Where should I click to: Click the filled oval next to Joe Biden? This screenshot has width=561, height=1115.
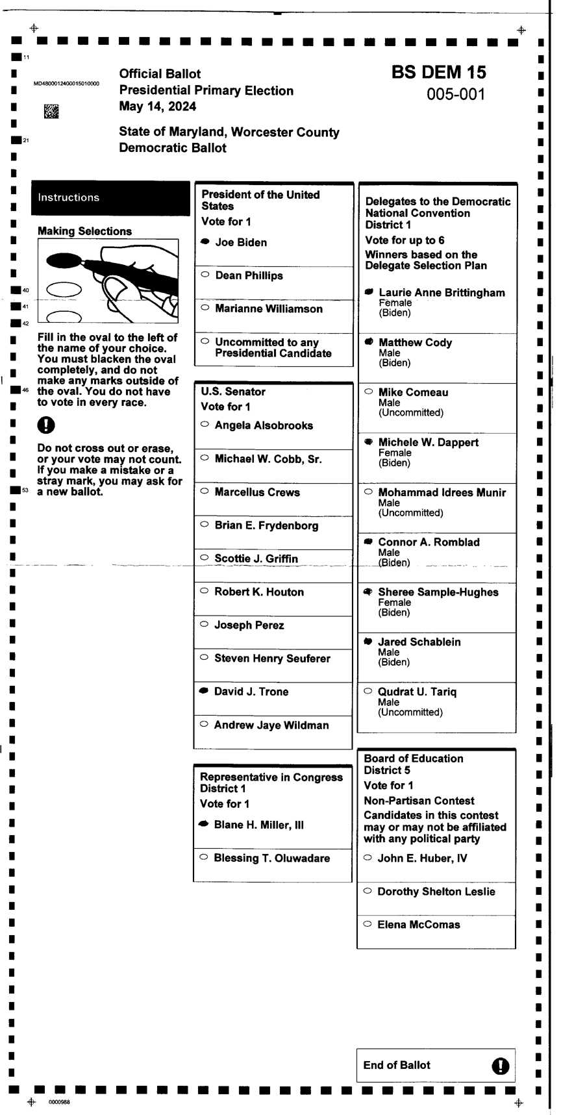point(205,242)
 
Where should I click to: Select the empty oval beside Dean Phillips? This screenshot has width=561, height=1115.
point(205,275)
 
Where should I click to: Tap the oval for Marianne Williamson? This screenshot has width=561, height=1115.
point(205,308)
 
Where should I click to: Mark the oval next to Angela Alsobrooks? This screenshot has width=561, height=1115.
point(205,425)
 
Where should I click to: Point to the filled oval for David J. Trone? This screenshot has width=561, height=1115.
point(204,691)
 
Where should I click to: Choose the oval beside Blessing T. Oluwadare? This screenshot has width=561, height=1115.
point(203,857)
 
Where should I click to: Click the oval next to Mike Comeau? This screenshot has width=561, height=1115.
point(369,392)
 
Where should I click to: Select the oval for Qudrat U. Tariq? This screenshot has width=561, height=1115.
point(368,691)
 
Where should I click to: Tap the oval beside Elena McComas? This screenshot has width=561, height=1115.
point(368,923)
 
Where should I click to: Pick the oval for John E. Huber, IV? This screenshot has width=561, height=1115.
point(368,857)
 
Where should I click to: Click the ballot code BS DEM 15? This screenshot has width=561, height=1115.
point(438,72)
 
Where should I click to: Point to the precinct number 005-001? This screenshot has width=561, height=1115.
point(456,94)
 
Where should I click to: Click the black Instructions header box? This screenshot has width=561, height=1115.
point(110,197)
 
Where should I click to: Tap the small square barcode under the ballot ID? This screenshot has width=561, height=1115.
point(51,111)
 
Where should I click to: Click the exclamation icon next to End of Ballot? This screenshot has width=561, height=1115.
point(500,1066)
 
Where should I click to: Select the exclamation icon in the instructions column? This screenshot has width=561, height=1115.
point(46,425)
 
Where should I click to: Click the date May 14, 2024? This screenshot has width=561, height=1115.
point(157,106)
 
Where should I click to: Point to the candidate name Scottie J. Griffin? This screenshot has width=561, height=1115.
point(256,558)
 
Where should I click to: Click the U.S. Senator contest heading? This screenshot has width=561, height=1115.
point(233,392)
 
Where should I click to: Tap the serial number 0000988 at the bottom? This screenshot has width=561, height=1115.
point(59,1102)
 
